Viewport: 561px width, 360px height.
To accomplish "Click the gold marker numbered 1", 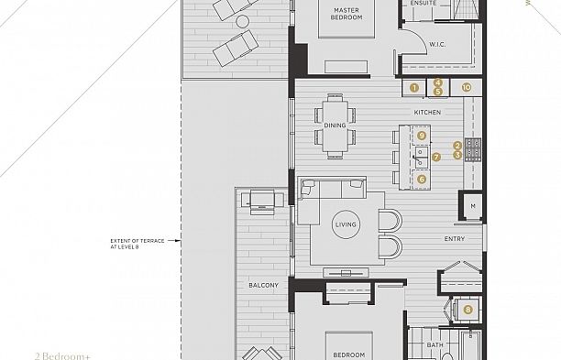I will click(414, 88).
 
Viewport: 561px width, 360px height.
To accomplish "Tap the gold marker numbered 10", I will click(467, 88).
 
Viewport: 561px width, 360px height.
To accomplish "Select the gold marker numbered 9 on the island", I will click(422, 135).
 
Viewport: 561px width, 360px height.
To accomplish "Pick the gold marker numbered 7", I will click(436, 157).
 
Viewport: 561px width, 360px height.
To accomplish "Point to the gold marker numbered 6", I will click(422, 180).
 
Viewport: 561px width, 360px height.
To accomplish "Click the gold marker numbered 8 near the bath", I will click(467, 310).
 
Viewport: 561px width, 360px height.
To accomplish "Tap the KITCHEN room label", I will click(427, 112).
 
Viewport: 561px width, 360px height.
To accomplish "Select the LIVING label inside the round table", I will click(346, 224).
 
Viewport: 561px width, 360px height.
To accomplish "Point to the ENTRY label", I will click(454, 239).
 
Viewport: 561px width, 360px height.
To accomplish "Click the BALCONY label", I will click(263, 286).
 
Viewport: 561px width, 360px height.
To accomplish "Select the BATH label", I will click(435, 345).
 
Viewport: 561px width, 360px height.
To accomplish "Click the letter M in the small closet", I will click(473, 207).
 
